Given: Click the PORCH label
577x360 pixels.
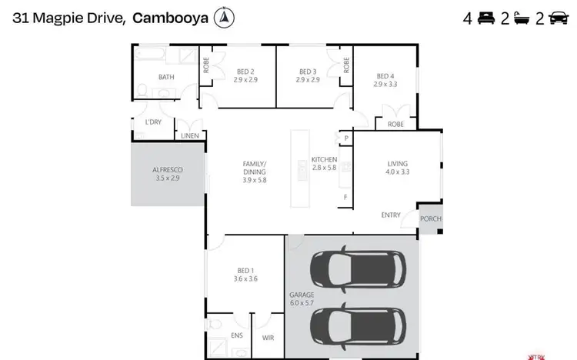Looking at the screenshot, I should point(431,218).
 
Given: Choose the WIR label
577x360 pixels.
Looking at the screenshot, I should point(268,336).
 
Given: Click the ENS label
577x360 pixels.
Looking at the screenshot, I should point(236,336).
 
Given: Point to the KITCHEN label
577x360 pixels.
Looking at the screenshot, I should point(324,159).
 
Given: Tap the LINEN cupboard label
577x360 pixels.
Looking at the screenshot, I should point(190,136).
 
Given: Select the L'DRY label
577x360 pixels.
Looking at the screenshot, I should point(153,122).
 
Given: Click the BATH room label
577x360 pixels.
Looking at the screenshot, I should point(166,77).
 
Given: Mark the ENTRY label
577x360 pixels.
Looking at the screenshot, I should point(391,215).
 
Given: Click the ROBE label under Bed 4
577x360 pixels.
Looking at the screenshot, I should point(395,124).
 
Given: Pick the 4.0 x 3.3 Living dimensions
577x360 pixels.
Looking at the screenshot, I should point(397,172).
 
